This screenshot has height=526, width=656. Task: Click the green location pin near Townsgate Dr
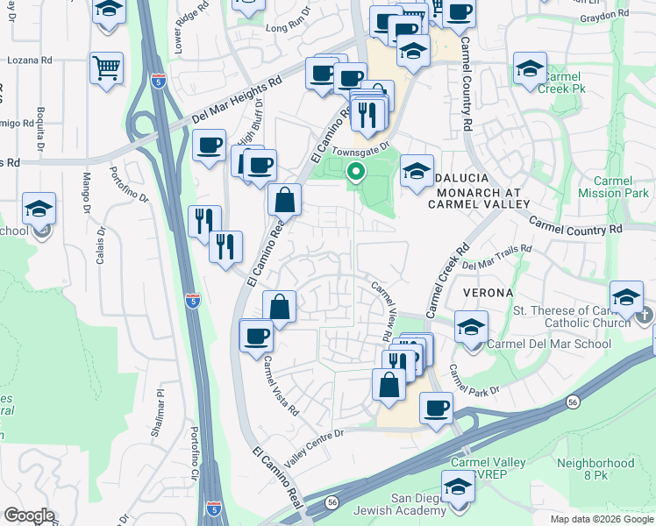(355, 172)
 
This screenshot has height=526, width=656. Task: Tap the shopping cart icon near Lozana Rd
(106, 68)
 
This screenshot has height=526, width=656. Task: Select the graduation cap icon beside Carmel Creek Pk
(530, 68)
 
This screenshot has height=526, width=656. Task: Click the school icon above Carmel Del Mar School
(471, 328)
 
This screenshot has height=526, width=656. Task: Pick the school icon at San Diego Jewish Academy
(457, 487)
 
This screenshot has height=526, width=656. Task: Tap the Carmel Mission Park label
(615, 187)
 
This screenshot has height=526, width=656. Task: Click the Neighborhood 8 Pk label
(595, 469)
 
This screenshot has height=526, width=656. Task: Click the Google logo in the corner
(29, 515)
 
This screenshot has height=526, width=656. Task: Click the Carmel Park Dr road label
(474, 380)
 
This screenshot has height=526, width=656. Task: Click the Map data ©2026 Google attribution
(601, 519)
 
